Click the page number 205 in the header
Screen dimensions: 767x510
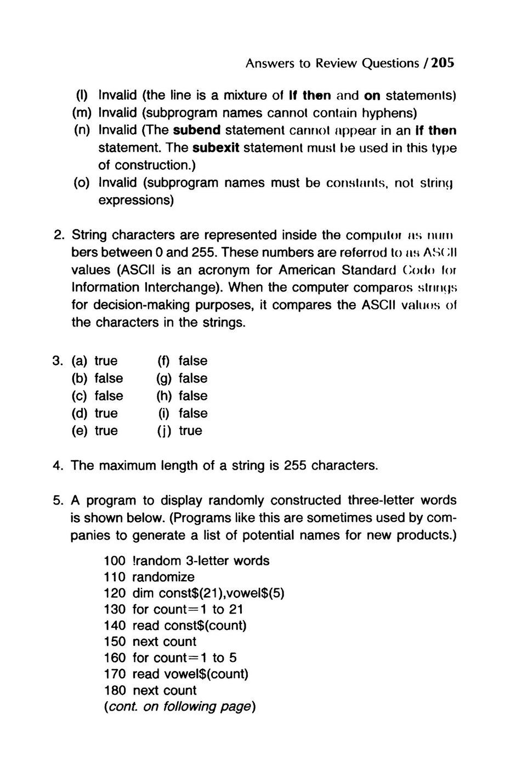point(443,63)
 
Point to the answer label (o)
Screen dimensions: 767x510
point(82,182)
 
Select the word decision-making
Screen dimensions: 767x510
point(142,305)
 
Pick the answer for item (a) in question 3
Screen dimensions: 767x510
point(106,360)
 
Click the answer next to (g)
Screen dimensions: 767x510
point(193,378)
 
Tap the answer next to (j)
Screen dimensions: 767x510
point(190,431)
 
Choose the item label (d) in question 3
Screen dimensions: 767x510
point(81,413)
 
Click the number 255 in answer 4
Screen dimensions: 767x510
point(295,466)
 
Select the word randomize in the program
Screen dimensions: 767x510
point(163,577)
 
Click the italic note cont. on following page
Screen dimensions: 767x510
point(180,707)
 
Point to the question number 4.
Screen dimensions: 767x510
point(59,466)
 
